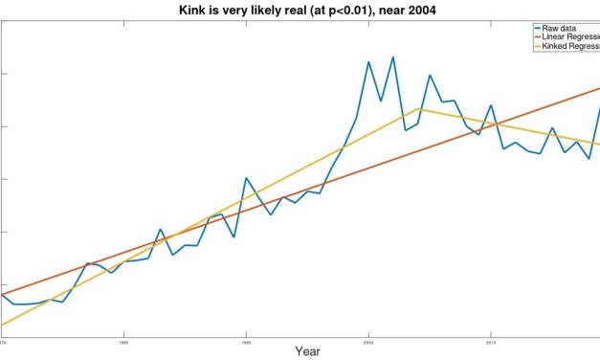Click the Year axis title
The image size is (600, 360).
(x=306, y=351)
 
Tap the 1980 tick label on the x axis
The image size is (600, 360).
(x=123, y=340)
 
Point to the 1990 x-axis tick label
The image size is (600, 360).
(x=246, y=340)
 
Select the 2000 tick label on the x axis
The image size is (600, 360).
(x=368, y=340)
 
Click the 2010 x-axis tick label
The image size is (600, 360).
(x=491, y=340)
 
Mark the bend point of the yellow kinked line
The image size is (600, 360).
(x=419, y=108)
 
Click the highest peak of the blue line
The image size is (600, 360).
(x=392, y=56)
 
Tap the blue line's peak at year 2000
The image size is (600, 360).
(x=368, y=62)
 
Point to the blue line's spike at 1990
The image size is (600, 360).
(x=246, y=178)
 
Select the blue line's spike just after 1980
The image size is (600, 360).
(x=161, y=230)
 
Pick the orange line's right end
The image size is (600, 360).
(x=599, y=87)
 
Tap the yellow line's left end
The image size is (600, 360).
(x=2, y=326)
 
